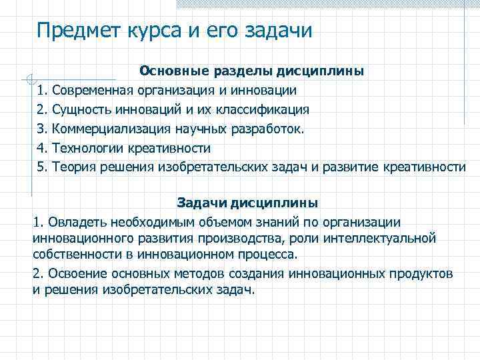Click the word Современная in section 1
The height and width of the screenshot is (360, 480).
95,90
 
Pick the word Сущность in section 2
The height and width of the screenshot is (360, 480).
81,109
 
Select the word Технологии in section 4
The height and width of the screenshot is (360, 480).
86,147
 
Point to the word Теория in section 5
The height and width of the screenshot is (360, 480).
72,166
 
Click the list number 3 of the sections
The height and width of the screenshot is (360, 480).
41,128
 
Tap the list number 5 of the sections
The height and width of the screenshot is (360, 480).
41,166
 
